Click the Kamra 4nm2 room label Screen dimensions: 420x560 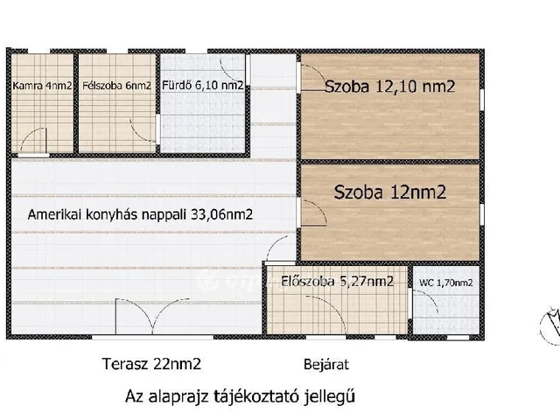[41, 87]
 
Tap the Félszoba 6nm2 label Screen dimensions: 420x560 [115, 87]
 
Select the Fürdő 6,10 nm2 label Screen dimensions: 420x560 [202, 87]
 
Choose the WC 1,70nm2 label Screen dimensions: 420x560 [445, 283]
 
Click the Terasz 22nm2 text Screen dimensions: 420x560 [144, 363]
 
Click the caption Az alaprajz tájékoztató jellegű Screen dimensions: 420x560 [241, 395]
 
